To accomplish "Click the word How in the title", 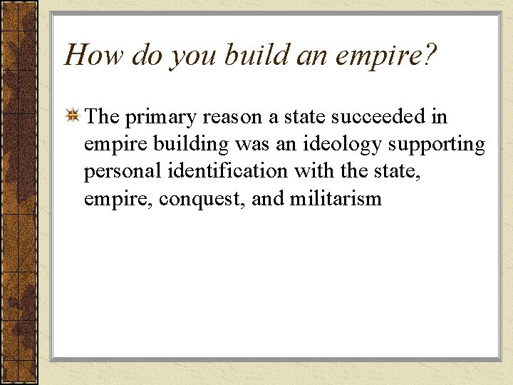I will pyautogui.click(x=87, y=55).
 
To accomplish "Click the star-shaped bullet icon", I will pyautogui.click(x=72, y=116).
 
